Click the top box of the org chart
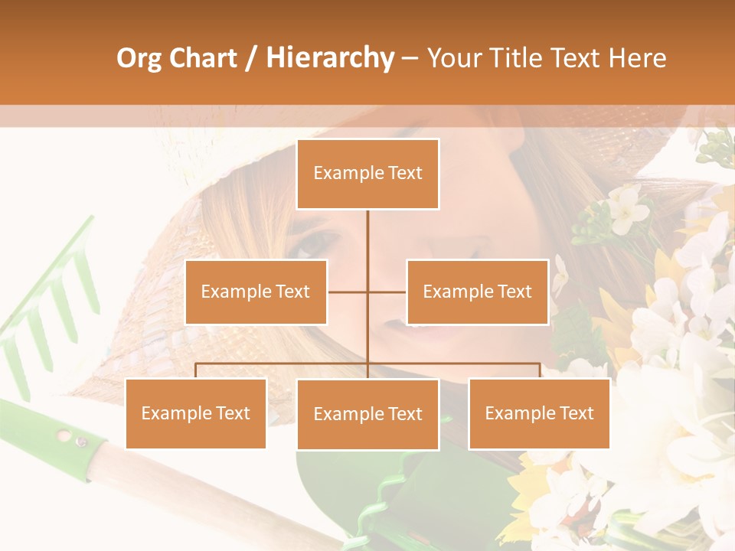367,174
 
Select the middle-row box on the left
256,292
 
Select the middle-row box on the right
477,292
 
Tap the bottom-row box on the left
195,413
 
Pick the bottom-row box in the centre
367,414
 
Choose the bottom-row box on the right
539,413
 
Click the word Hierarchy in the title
329,58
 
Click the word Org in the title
140,58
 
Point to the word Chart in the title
203,58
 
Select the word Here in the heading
637,58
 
